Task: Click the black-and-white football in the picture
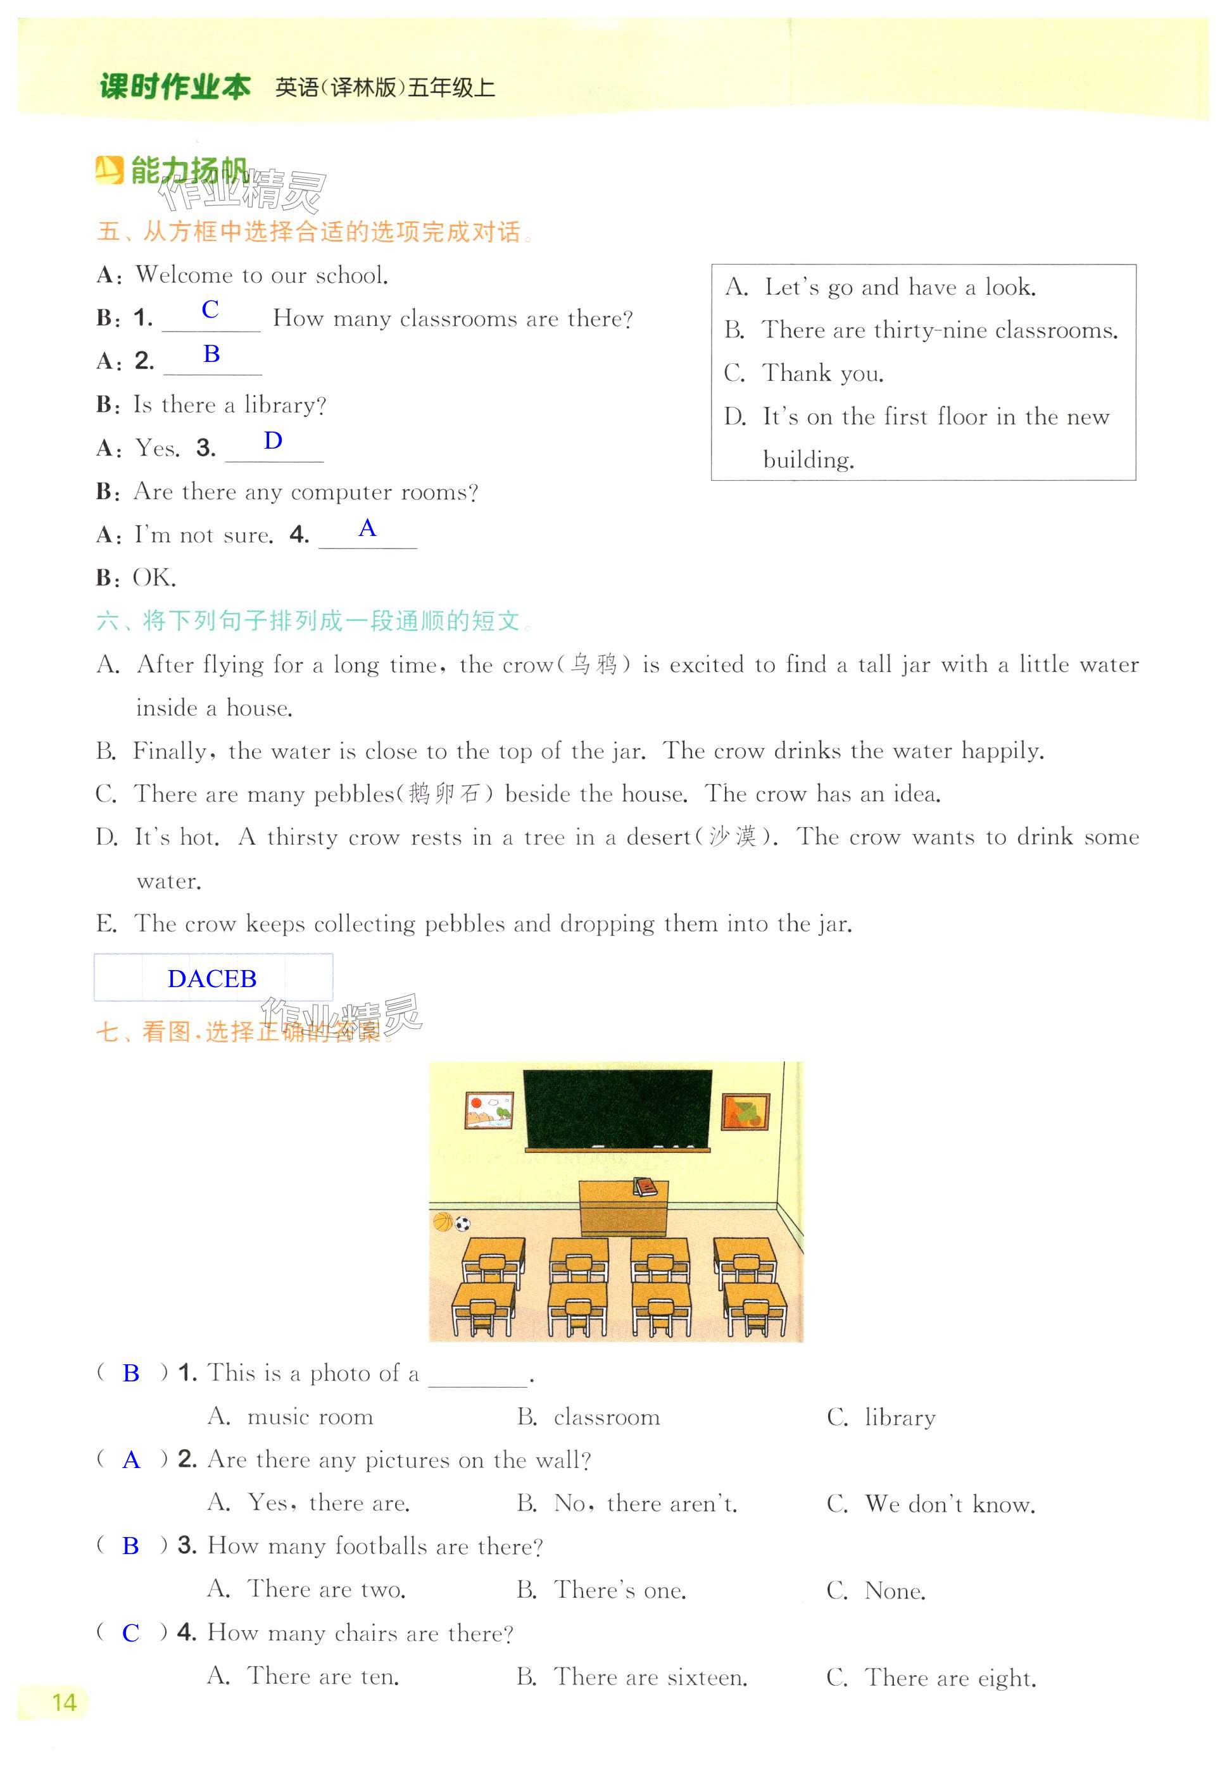click(x=462, y=1224)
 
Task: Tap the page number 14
click(x=64, y=1702)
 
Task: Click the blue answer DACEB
click(x=212, y=978)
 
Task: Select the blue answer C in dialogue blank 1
click(x=210, y=309)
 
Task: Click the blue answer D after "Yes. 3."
click(x=273, y=441)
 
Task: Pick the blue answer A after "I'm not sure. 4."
click(x=367, y=528)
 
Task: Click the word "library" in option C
click(x=900, y=1417)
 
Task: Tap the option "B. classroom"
click(x=589, y=1417)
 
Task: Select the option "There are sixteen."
click(x=650, y=1678)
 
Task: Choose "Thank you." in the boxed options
click(x=822, y=373)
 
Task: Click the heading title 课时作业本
click(x=175, y=87)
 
